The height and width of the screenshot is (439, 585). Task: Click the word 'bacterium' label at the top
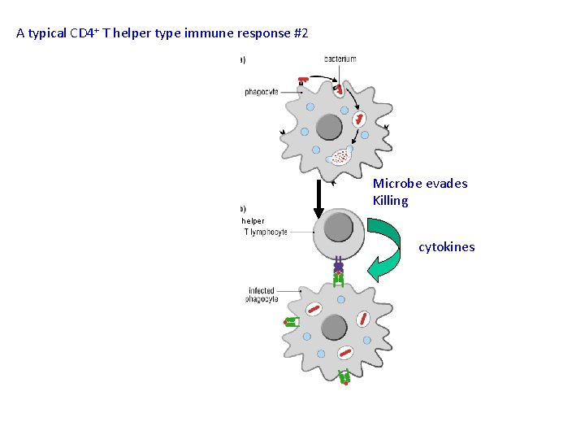pos(340,59)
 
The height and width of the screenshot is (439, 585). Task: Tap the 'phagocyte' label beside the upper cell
pos(262,92)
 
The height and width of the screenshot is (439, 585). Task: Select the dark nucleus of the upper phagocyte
pos(329,127)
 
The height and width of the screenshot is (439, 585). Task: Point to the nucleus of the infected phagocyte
pos(335,327)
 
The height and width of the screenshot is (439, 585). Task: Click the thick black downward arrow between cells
pos(318,199)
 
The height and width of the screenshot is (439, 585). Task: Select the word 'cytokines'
pos(446,247)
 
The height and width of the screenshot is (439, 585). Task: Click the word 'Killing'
pos(391,201)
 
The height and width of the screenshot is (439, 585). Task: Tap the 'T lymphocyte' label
pos(266,233)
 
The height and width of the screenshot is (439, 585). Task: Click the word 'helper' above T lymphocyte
pos(253,220)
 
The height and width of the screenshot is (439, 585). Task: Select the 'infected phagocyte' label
pos(262,294)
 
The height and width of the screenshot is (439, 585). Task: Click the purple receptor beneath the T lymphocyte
pos(338,266)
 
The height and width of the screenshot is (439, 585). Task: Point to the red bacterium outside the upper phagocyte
pos(304,80)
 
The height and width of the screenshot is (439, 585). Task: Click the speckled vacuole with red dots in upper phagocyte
pos(342,155)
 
